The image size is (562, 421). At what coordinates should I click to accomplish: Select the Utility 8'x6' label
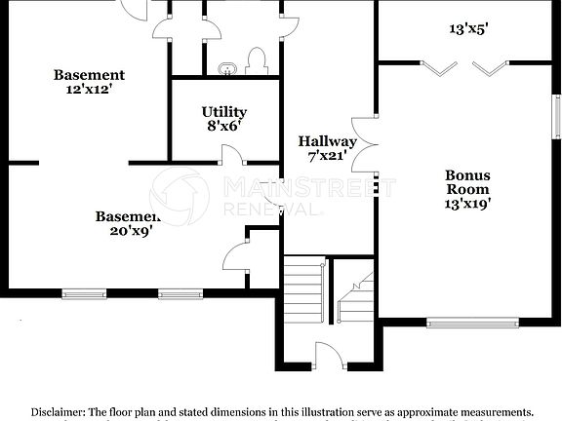point(223,119)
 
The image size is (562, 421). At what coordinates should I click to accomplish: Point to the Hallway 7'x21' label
point(327,148)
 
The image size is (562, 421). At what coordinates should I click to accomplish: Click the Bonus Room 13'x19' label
point(467,190)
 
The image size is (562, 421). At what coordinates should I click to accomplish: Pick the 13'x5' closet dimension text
point(468,29)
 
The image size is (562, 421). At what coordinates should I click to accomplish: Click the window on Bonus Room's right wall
point(557,107)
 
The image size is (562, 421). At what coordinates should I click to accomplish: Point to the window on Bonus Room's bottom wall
point(473,321)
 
